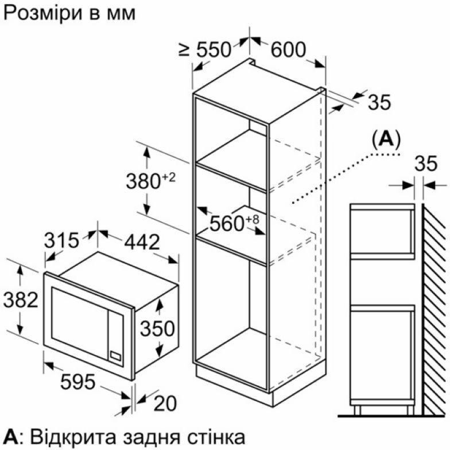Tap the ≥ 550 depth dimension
[205, 51]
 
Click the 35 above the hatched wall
[425, 165]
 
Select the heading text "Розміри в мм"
[69, 13]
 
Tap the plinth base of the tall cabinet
[232, 384]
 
